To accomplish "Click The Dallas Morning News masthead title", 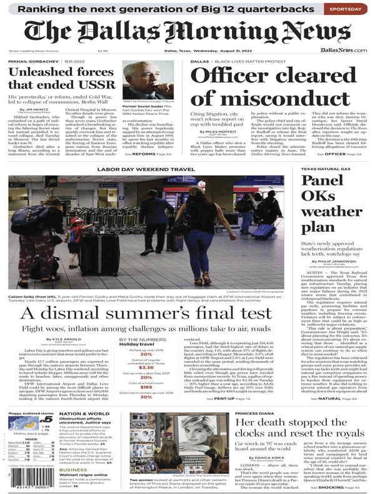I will pos(187,33).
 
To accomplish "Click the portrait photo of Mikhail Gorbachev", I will pos(149,79).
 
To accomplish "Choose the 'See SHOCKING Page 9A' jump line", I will pos(338,487).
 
